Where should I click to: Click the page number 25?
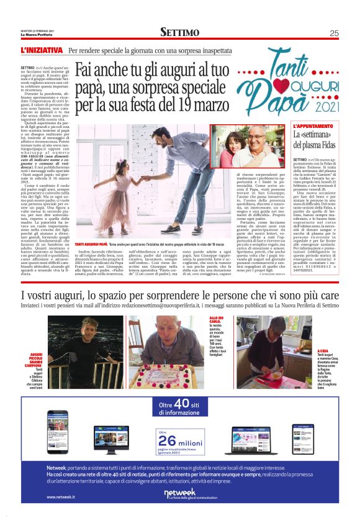pos(334,33)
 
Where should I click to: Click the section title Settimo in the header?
pos(179,32)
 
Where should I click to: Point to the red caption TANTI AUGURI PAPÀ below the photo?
pos(91,245)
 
